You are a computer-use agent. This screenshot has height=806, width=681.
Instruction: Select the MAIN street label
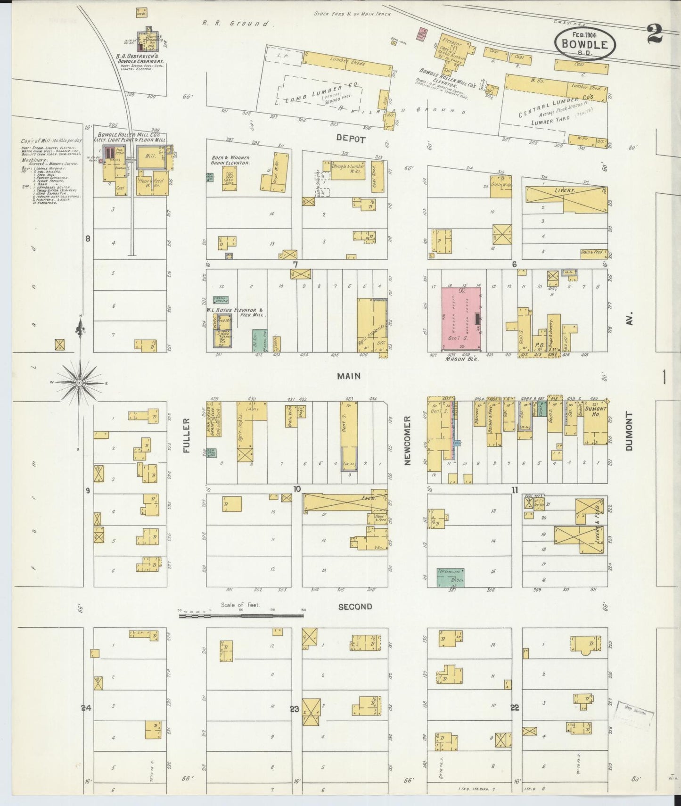click(349, 376)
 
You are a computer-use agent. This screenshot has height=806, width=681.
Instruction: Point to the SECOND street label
click(355, 607)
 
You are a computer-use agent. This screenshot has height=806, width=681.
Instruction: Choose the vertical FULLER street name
click(186, 435)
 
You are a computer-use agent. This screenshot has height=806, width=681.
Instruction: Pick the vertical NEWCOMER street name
click(408, 440)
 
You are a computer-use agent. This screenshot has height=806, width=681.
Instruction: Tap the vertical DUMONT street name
click(629, 431)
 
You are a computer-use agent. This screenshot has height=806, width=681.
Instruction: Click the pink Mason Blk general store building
click(461, 319)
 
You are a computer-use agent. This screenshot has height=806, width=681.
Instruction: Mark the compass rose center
click(80, 382)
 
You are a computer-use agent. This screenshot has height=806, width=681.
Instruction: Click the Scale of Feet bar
click(241, 615)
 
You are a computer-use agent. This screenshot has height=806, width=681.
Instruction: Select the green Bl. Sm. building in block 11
click(450, 577)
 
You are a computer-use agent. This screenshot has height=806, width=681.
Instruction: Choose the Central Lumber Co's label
click(556, 107)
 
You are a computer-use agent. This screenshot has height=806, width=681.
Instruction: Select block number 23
click(295, 708)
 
